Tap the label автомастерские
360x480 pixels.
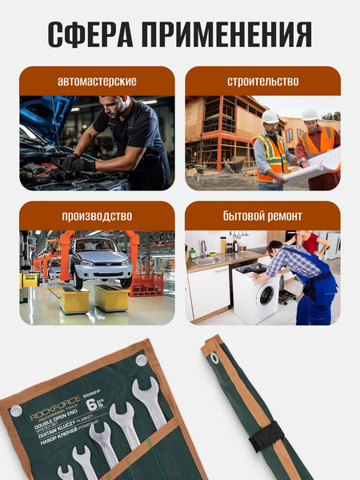click(x=97, y=82)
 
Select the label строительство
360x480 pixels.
click(x=262, y=82)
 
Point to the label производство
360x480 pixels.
click(x=97, y=216)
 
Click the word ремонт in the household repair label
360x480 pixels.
click(x=284, y=216)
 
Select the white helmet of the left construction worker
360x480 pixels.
click(x=271, y=117)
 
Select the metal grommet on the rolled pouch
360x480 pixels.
click(x=214, y=347)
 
